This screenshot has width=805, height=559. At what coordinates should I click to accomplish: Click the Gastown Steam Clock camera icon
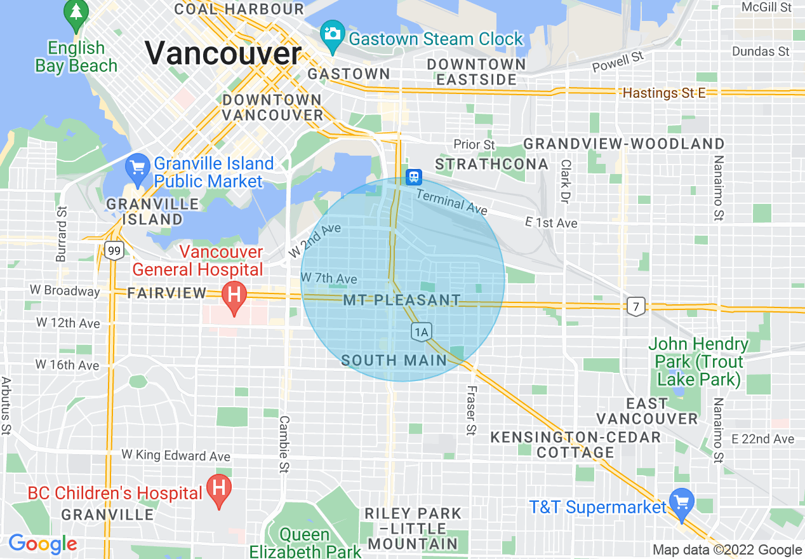(x=332, y=32)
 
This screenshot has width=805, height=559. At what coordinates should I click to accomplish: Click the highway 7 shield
(x=635, y=307)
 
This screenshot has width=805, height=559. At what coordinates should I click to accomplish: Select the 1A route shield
(x=421, y=331)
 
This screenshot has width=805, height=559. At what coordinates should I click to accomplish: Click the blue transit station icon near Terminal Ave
(x=414, y=176)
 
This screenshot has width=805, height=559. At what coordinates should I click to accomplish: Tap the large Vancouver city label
(x=223, y=53)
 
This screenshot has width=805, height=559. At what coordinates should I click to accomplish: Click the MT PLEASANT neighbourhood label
(x=402, y=300)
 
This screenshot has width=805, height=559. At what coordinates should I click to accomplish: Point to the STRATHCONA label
(x=491, y=165)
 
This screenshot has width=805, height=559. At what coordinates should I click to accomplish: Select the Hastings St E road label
(x=664, y=93)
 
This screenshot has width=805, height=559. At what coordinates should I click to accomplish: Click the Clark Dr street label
(x=565, y=180)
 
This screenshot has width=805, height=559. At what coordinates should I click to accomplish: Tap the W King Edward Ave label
(x=176, y=455)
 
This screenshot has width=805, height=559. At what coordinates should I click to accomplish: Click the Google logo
(x=43, y=544)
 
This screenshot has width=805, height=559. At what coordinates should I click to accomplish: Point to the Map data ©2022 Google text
(x=728, y=550)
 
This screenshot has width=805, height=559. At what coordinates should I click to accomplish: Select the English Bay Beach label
(x=76, y=57)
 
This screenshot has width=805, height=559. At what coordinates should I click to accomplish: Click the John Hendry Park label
(x=698, y=362)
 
